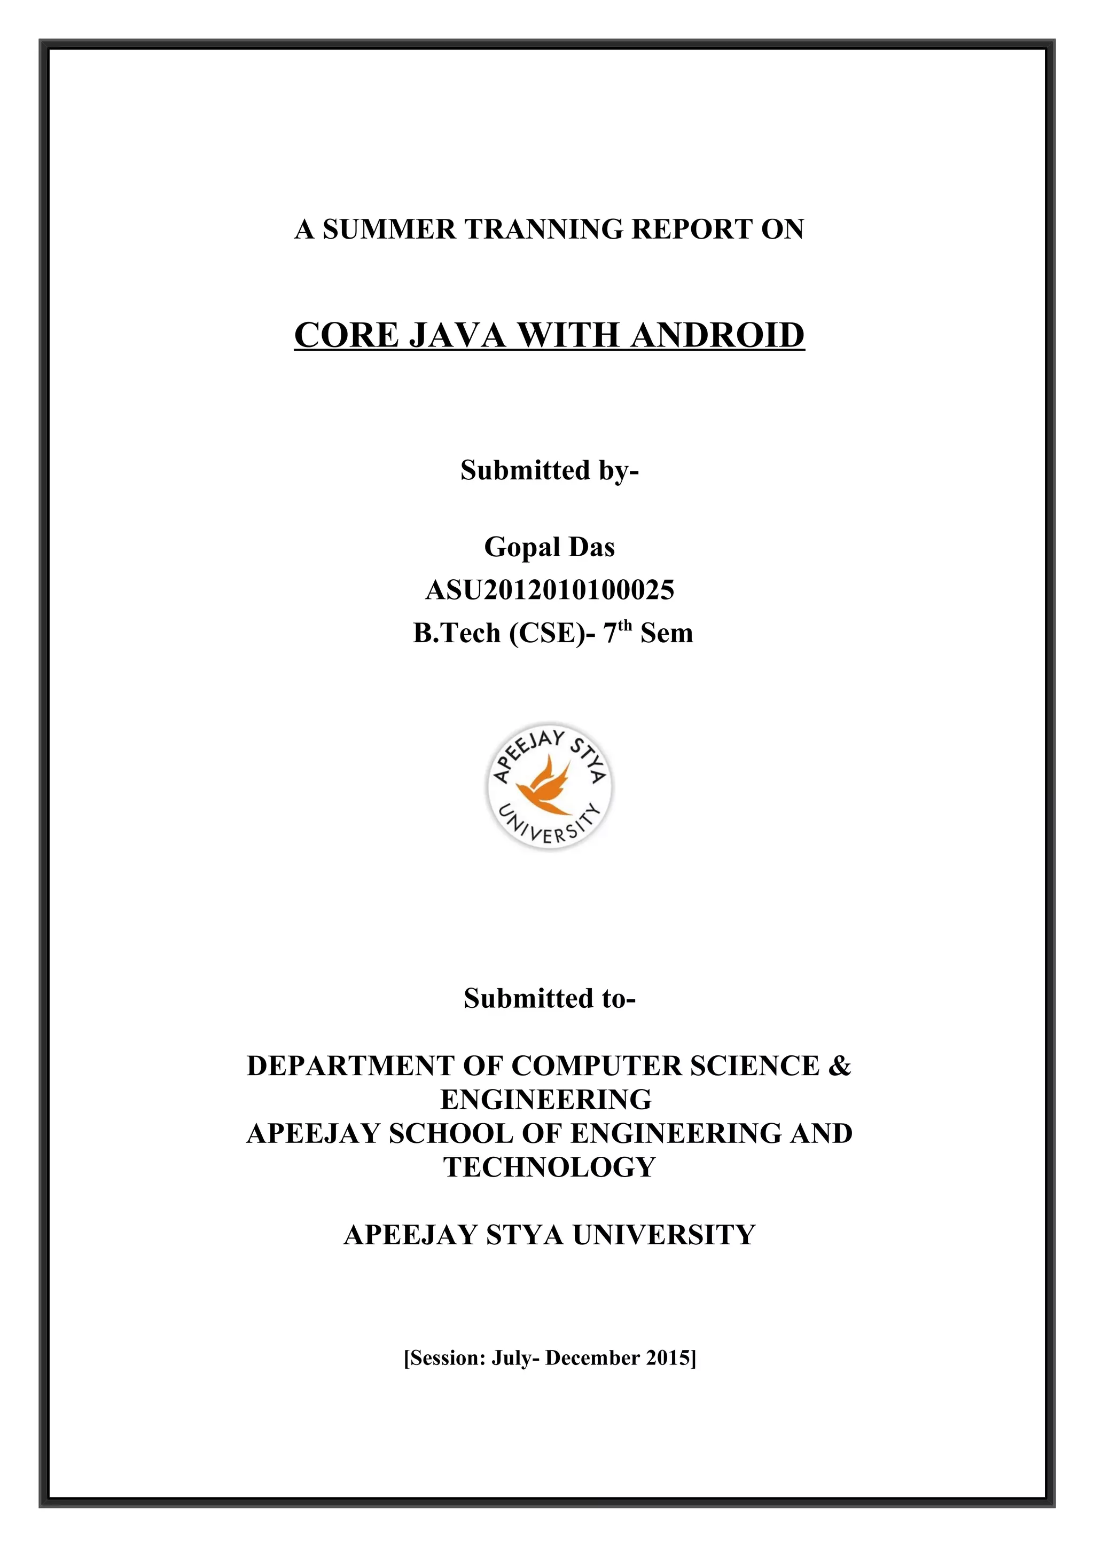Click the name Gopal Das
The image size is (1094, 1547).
(549, 547)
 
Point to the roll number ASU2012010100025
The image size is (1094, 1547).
(549, 590)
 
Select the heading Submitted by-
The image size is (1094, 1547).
(549, 470)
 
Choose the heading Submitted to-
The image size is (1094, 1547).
(549, 999)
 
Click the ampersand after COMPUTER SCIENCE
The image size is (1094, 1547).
(839, 1066)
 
